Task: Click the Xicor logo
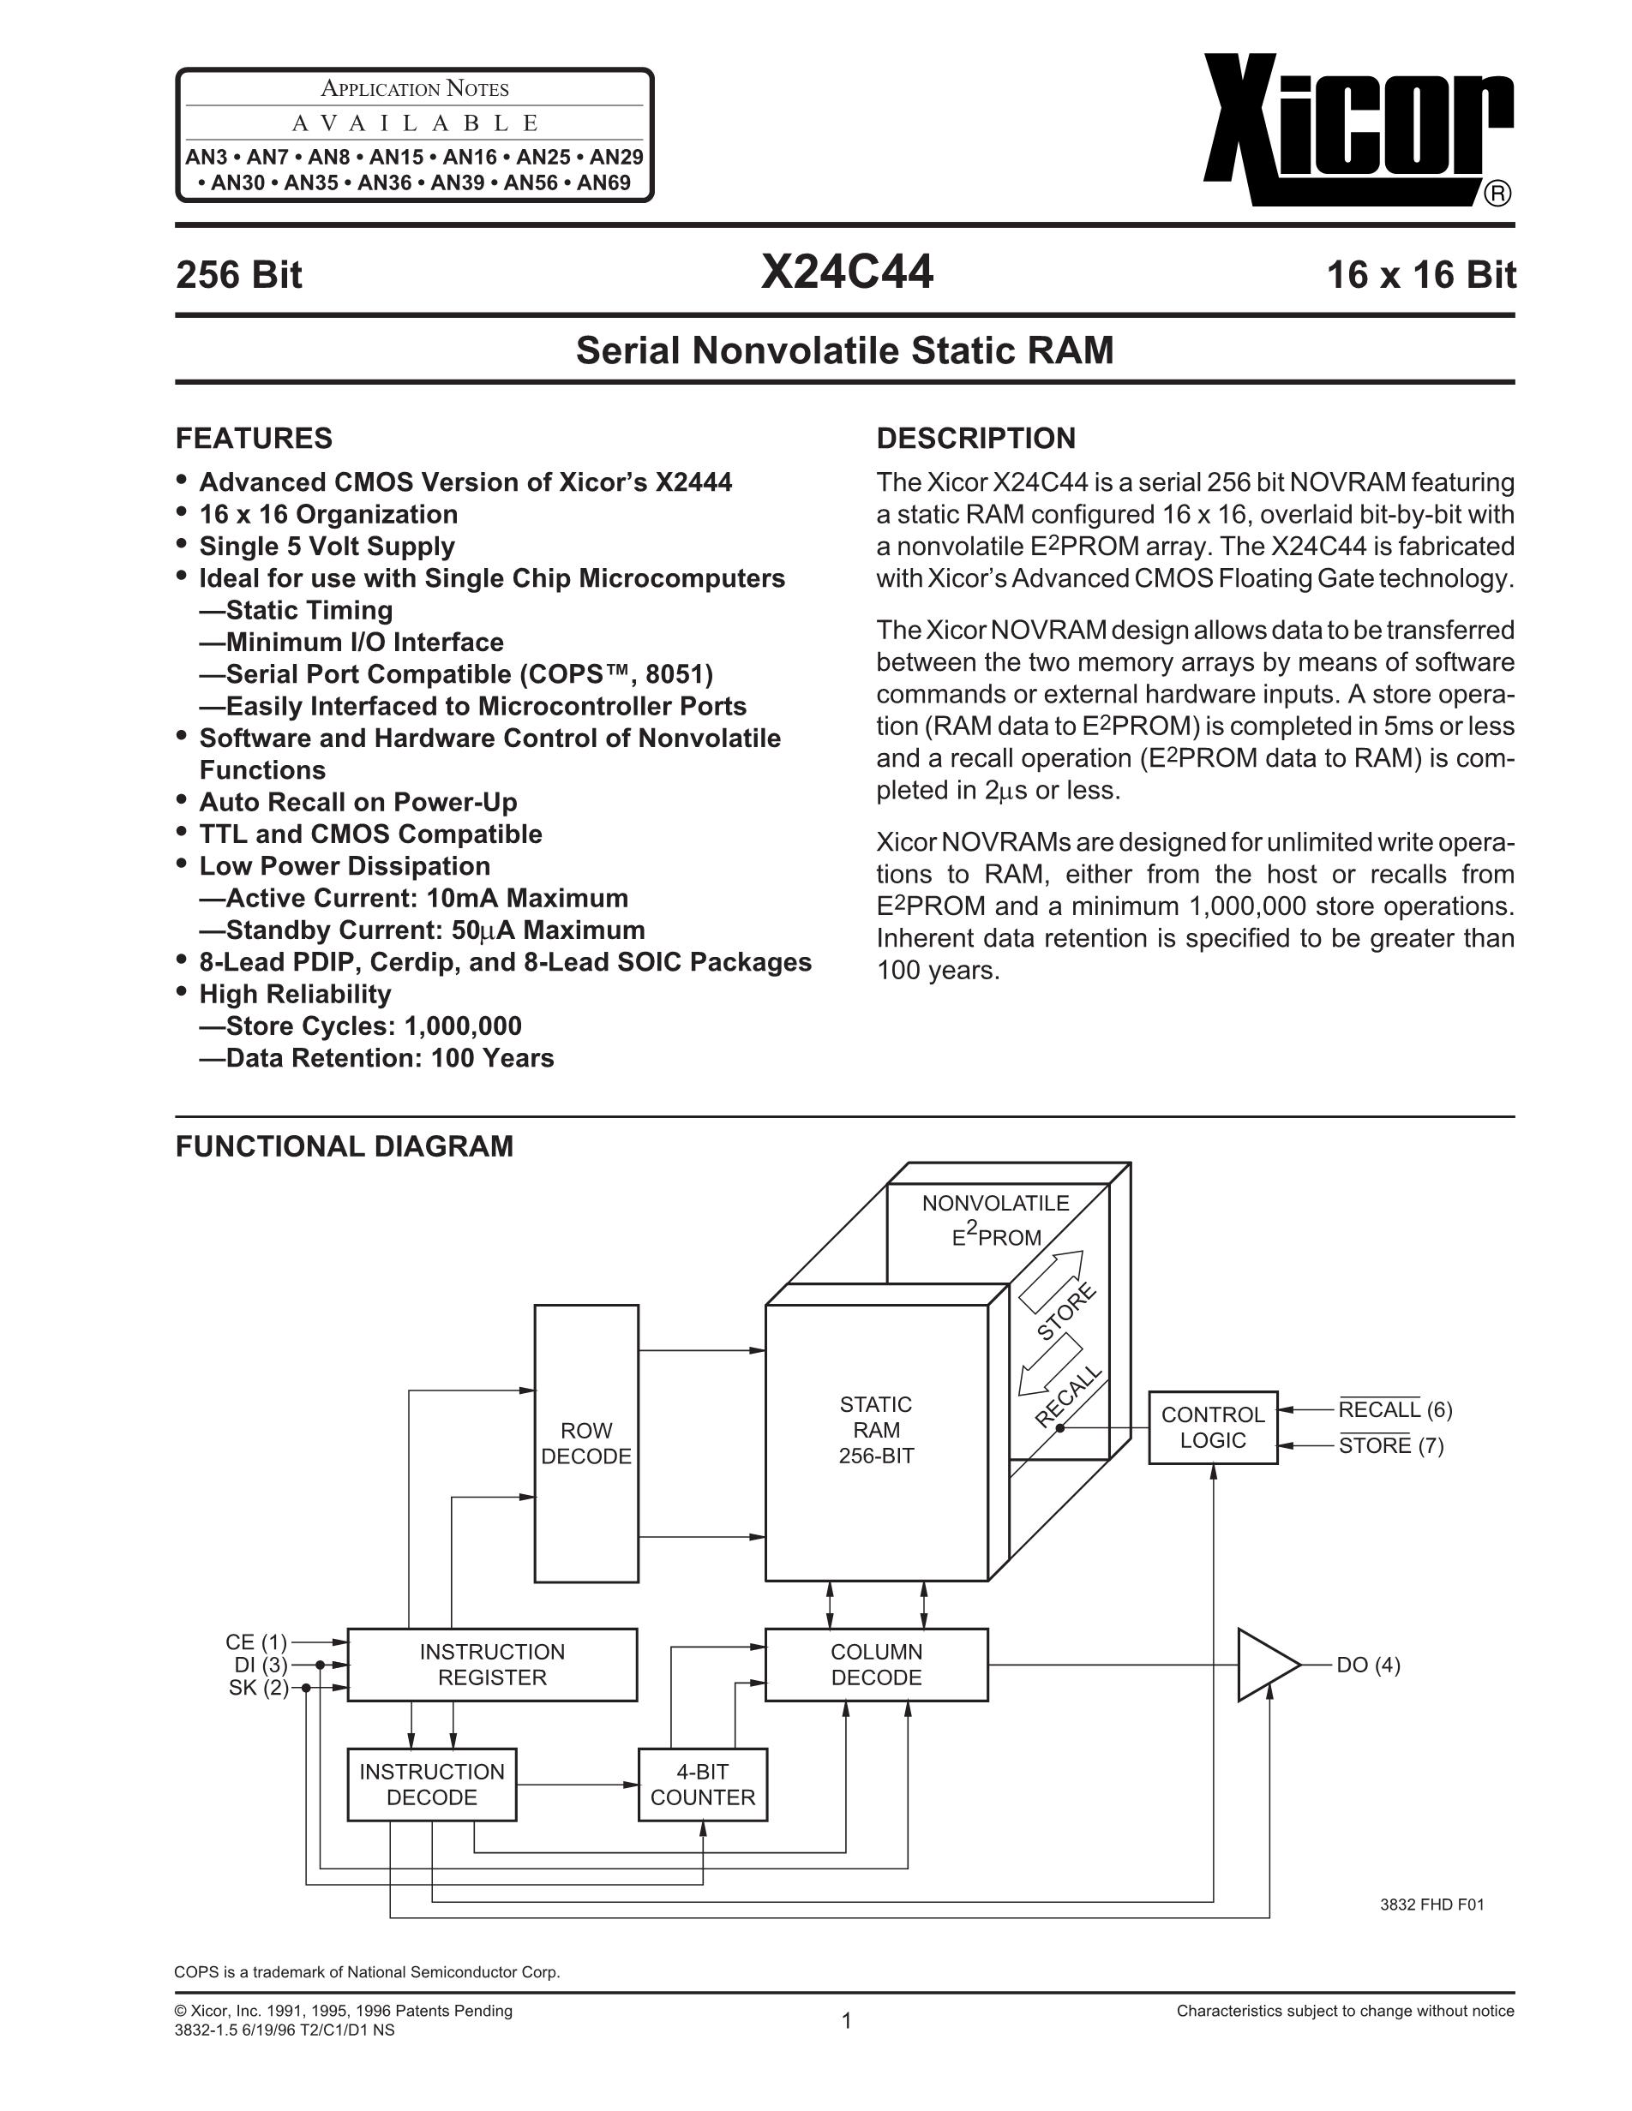tap(1358, 130)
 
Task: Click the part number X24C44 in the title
tap(846, 272)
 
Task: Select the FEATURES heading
tap(254, 438)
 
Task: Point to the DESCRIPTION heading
tap(975, 438)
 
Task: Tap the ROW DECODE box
tap(586, 1443)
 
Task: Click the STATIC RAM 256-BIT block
tap(876, 1431)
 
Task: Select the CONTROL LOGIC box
tap(1212, 1427)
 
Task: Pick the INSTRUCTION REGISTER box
tap(492, 1665)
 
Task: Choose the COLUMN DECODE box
tap(876, 1665)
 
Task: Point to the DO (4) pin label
tap(1368, 1665)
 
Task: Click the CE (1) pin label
tap(256, 1642)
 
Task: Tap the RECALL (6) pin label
tap(1395, 1410)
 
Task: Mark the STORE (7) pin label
tap(1390, 1446)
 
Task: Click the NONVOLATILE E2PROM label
tap(996, 1220)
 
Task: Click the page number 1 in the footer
tap(846, 2021)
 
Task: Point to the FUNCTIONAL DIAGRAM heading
tap(345, 1146)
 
